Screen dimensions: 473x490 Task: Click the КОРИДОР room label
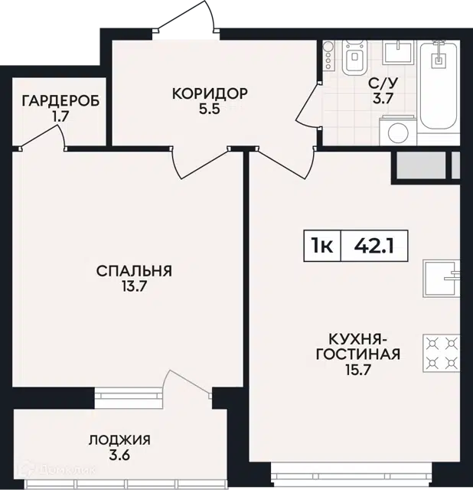click(210, 93)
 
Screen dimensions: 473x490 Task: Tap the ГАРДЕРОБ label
click(61, 101)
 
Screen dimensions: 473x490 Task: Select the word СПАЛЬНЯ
click(134, 271)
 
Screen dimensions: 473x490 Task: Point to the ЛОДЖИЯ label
click(119, 440)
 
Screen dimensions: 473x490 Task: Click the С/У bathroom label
click(383, 83)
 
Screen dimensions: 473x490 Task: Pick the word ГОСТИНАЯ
click(358, 354)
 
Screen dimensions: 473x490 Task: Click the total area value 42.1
click(374, 246)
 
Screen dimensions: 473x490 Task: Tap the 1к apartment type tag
click(321, 246)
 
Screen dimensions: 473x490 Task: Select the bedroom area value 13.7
click(134, 286)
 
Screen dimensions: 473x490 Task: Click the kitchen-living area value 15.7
click(358, 370)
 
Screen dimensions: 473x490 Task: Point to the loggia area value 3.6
click(119, 456)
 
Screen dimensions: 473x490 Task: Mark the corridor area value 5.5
click(210, 109)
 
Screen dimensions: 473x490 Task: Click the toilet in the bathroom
click(354, 57)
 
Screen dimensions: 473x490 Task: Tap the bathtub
click(439, 84)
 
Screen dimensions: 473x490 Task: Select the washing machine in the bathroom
click(398, 130)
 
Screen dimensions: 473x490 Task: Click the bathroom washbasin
click(398, 53)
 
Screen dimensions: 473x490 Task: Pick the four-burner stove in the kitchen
click(442, 353)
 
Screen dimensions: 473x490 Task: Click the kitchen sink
click(442, 278)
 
